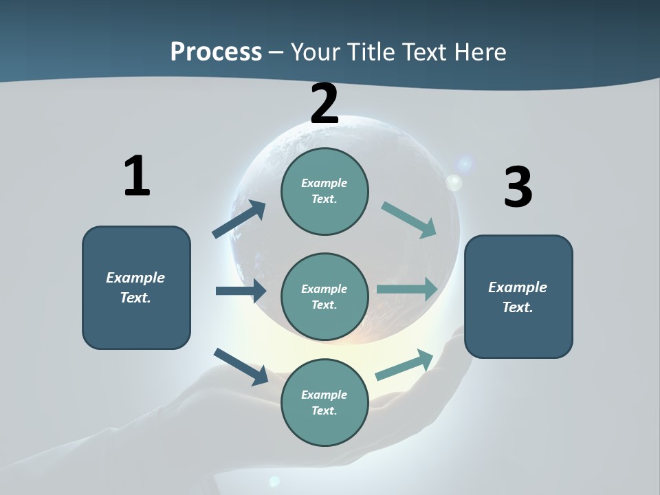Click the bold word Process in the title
pyautogui.click(x=216, y=52)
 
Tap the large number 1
pyautogui.click(x=137, y=176)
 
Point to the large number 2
pyautogui.click(x=324, y=104)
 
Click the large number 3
pyautogui.click(x=518, y=187)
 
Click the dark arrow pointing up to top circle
pyautogui.click(x=239, y=219)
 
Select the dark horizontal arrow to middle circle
pyautogui.click(x=241, y=291)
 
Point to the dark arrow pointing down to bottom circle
pyautogui.click(x=241, y=366)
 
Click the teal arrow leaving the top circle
pyautogui.click(x=409, y=219)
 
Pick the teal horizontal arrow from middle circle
pyautogui.click(x=407, y=289)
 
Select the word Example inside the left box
pyautogui.click(x=135, y=278)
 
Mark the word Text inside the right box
pyautogui.click(x=517, y=307)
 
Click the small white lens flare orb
pyautogui.click(x=454, y=182)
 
